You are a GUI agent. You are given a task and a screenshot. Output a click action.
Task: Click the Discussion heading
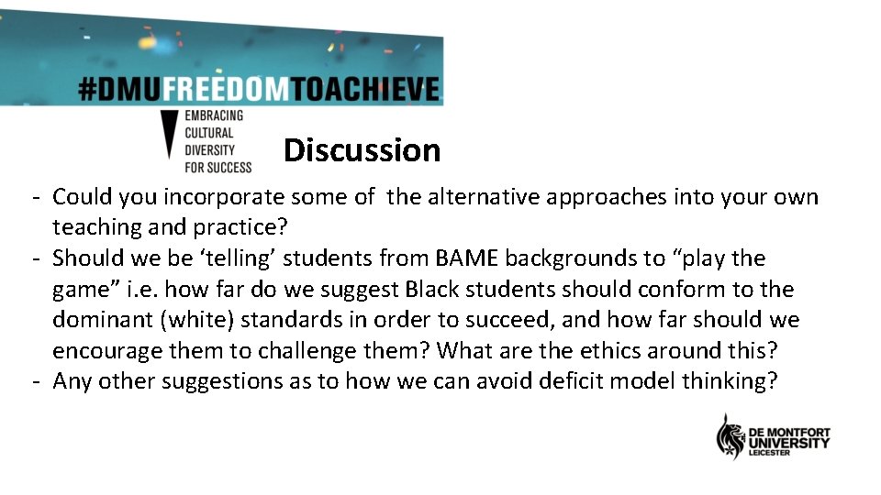point(362,150)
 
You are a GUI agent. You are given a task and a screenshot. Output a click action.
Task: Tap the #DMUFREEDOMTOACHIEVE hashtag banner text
point(259,89)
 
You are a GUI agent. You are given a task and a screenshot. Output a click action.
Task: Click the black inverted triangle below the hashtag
point(170,137)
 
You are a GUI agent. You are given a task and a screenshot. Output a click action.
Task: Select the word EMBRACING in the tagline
point(214,115)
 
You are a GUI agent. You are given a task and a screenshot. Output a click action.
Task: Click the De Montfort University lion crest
point(730,437)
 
